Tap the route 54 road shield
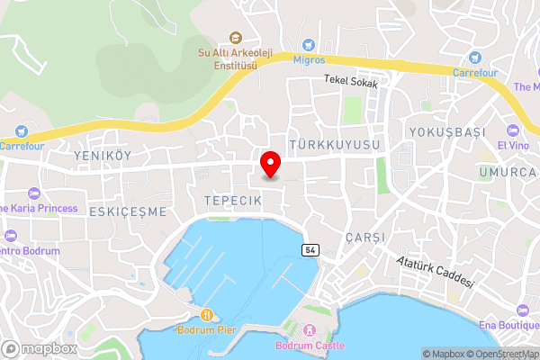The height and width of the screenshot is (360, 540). (x=310, y=248)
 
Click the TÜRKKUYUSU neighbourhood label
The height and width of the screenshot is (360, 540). (x=336, y=144)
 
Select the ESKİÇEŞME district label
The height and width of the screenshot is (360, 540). (x=128, y=211)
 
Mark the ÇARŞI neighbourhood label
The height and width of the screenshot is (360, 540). (x=364, y=237)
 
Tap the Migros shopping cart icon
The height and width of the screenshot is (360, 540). (x=309, y=43)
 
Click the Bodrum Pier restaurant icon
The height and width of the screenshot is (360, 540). (x=206, y=314)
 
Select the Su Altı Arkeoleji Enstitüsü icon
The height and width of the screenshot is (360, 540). (x=236, y=37)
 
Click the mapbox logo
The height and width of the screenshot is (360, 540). (x=40, y=348)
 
